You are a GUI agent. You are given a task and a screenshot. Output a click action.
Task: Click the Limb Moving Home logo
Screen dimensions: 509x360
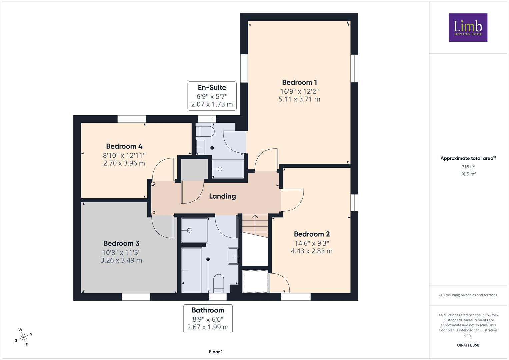pyautogui.click(x=468, y=27)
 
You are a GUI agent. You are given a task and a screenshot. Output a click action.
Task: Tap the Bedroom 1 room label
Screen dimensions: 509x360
pyautogui.click(x=299, y=82)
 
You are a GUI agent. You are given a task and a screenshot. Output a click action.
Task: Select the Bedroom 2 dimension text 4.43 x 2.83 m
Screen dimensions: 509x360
pyautogui.click(x=312, y=251)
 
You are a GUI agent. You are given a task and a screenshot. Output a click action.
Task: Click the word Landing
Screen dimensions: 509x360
pyautogui.click(x=222, y=196)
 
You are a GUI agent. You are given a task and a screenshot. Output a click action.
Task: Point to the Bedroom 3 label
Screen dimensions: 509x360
pyautogui.click(x=121, y=243)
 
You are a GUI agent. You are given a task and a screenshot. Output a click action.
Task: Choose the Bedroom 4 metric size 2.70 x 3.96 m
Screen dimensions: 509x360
pyautogui.click(x=124, y=163)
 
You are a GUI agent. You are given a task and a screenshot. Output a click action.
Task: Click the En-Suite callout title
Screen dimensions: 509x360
pyautogui.click(x=212, y=87)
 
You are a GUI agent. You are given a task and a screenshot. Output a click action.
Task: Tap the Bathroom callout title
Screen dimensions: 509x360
pyautogui.click(x=208, y=310)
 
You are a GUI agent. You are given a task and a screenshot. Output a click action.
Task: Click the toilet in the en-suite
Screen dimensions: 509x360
pyautogui.click(x=205, y=131)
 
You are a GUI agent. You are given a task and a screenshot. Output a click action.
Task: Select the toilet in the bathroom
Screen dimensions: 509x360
pyautogui.click(x=219, y=283)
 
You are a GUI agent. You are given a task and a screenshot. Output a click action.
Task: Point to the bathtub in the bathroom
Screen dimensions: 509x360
pyautogui.click(x=191, y=270)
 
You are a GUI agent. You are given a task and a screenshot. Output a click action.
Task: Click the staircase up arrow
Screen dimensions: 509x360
pyautogui.click(x=255, y=225)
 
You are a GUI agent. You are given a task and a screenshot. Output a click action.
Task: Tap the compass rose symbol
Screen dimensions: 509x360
pyautogui.click(x=23, y=337)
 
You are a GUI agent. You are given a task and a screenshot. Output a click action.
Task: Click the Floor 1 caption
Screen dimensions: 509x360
pyautogui.click(x=216, y=352)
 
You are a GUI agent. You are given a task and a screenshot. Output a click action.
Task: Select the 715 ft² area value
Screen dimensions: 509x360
pyautogui.click(x=468, y=167)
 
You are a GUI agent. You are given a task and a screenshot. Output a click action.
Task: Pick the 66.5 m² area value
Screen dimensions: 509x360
pyautogui.click(x=468, y=174)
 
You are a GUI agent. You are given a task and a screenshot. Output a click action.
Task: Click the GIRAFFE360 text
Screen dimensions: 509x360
pyautogui.click(x=468, y=345)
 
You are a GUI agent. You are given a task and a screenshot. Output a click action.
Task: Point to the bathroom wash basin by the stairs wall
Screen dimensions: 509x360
pyautogui.click(x=233, y=256)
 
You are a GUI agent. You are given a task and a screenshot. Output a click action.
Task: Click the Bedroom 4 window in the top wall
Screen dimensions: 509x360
pyautogui.click(x=132, y=119)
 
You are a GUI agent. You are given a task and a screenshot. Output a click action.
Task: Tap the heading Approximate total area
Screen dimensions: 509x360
pyautogui.click(x=468, y=158)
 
